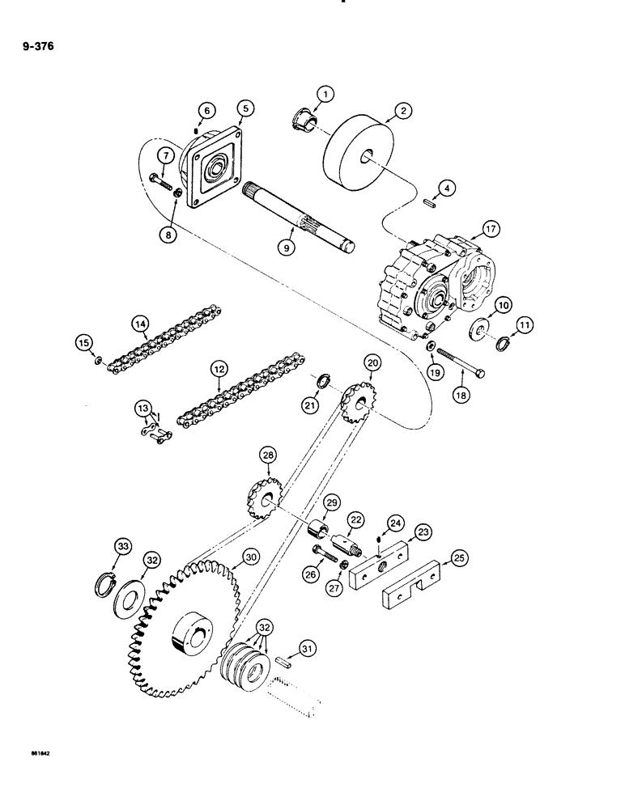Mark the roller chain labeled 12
point(231,397)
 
